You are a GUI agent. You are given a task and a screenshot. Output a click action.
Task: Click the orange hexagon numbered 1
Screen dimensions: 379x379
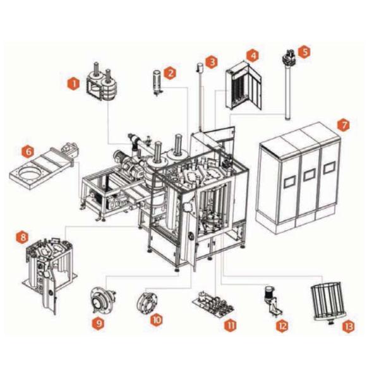(73, 84)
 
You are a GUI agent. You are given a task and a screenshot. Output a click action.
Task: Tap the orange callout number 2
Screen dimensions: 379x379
(170, 73)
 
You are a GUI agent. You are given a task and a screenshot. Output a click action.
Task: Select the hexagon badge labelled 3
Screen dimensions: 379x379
(212, 62)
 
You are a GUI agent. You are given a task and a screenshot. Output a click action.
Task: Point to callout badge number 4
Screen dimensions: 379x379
(253, 56)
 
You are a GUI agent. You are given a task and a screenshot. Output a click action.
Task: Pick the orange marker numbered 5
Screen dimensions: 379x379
(304, 52)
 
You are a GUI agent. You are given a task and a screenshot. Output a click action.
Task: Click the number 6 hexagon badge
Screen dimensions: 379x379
(28, 152)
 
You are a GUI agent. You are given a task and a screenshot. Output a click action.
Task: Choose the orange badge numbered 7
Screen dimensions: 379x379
(344, 125)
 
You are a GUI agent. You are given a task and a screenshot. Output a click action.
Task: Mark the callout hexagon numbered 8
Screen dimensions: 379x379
(23, 237)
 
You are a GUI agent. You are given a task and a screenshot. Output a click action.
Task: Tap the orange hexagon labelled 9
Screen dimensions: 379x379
(99, 323)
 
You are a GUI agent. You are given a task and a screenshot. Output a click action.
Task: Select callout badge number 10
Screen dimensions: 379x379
(157, 320)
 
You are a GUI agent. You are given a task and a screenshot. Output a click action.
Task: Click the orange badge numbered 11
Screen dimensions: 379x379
(230, 325)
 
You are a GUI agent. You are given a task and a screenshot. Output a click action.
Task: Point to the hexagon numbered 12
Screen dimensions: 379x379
(282, 326)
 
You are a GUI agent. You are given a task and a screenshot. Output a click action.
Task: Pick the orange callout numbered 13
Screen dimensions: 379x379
(349, 327)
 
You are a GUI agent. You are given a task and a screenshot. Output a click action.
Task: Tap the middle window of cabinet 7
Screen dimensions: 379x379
(309, 175)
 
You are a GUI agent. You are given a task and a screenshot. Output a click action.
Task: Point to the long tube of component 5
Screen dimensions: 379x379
(287, 91)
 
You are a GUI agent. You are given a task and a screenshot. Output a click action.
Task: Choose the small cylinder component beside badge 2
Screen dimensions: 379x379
(157, 82)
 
